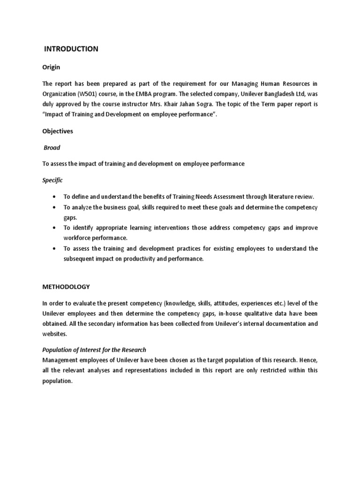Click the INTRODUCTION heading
coord(71,49)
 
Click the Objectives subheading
coord(58,131)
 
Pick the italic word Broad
coord(52,148)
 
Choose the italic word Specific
coord(52,180)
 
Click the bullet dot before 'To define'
coord(55,197)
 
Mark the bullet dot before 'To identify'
coord(55,228)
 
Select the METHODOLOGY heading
coord(66,286)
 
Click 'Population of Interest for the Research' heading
coord(94,350)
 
